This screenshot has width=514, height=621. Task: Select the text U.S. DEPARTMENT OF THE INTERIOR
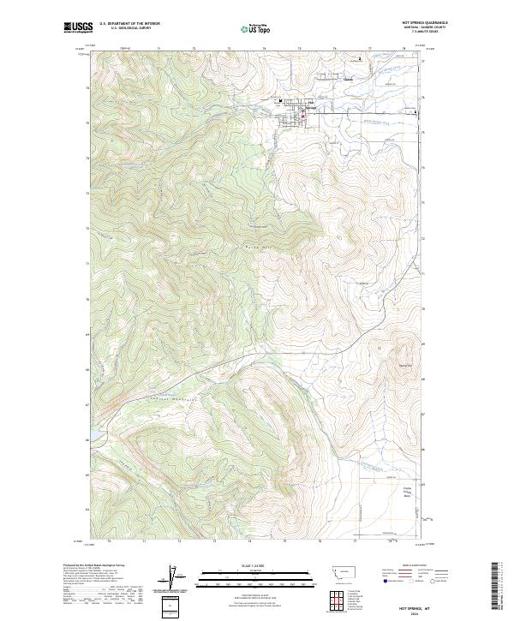(x=130, y=25)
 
